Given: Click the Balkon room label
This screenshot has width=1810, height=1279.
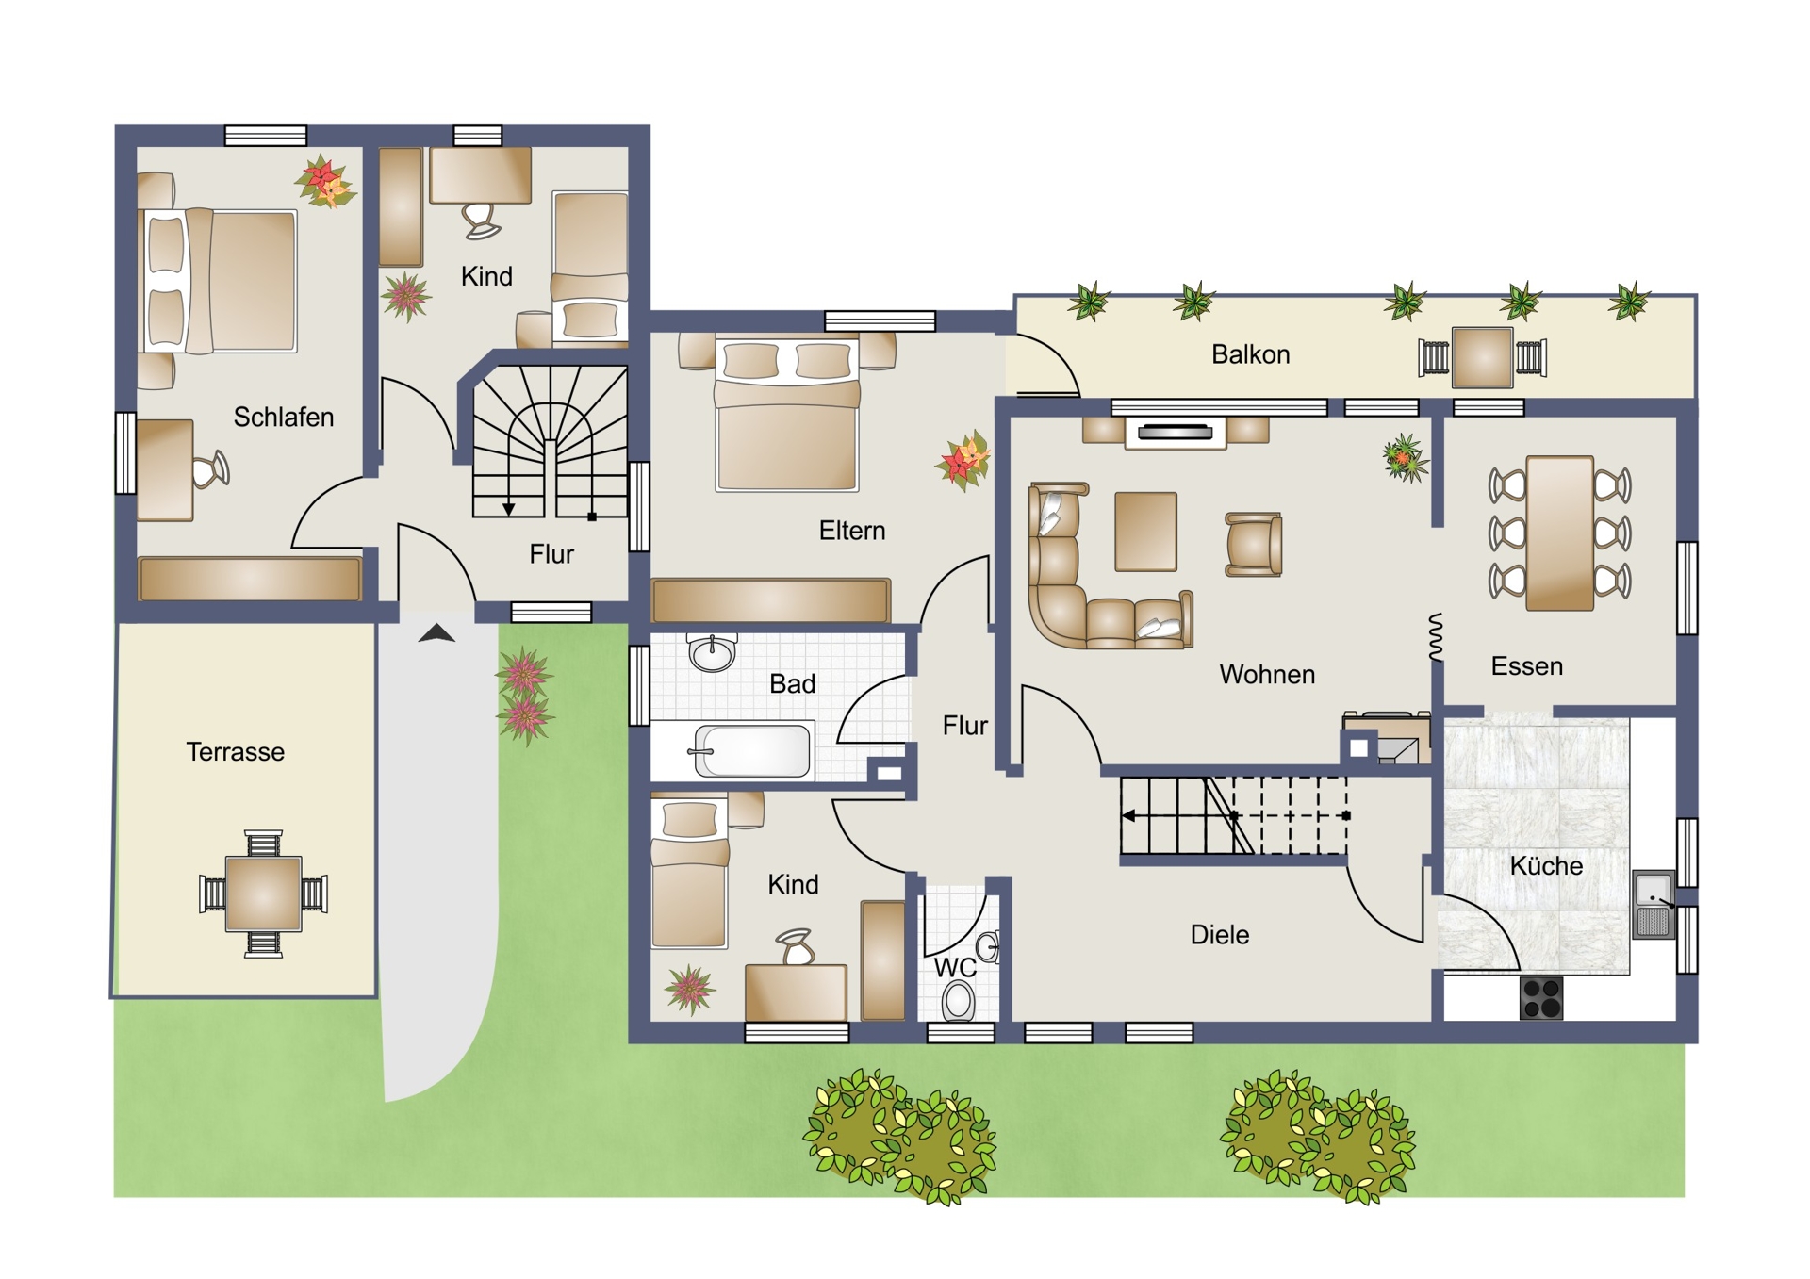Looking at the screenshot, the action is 1250,354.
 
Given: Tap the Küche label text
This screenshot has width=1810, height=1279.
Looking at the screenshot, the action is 1546,865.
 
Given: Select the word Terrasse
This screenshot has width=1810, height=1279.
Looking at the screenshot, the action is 235,751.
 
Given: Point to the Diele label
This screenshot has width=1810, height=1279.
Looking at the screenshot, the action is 1220,934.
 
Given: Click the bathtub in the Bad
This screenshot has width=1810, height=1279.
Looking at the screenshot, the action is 751,751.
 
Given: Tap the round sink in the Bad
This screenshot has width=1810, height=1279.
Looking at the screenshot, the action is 712,652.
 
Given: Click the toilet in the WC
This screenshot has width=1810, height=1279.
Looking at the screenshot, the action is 959,1000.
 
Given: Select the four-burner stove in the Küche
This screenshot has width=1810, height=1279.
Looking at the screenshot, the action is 1541,998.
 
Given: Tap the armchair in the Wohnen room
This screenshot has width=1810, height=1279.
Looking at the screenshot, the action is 1253,544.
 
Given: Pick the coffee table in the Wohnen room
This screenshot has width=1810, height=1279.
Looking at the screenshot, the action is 1145,532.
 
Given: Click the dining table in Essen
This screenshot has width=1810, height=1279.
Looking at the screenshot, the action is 1560,533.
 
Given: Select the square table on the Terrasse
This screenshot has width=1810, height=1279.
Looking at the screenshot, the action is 263,894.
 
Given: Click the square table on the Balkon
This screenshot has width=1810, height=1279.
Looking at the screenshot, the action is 1482,357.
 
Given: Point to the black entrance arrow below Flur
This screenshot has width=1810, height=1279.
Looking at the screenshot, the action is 436,633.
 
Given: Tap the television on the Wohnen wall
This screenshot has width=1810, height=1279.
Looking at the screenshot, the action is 1176,433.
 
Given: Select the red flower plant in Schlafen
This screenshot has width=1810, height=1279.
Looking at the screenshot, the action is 324,181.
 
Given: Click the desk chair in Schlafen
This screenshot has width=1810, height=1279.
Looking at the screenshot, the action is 211,469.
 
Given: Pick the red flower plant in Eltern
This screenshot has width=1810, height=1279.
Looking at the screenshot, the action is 963,460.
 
